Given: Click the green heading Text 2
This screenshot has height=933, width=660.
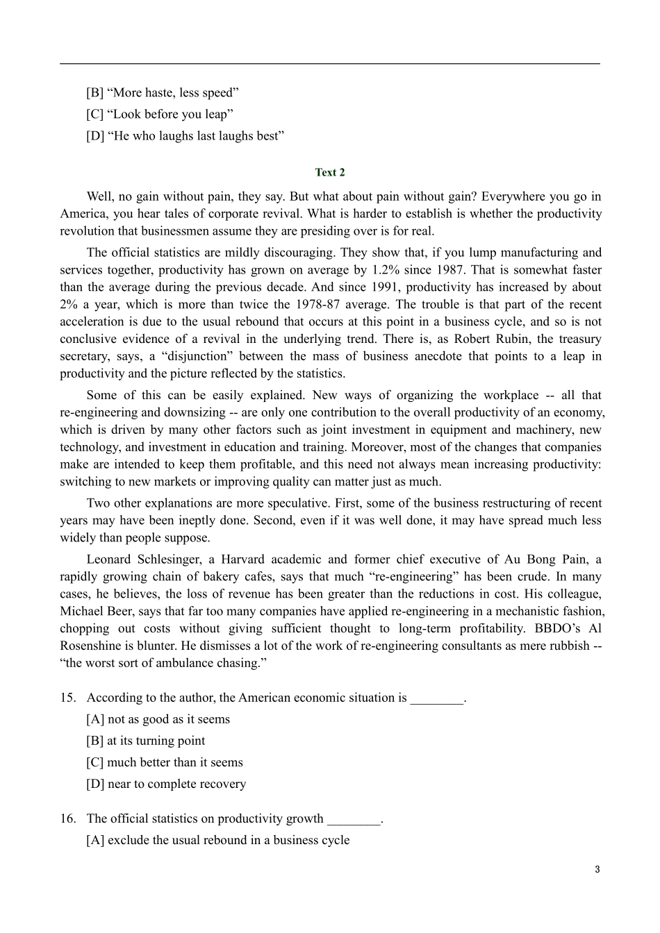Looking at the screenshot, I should pos(330,172).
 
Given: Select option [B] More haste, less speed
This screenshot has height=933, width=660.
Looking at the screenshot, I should pos(163,92).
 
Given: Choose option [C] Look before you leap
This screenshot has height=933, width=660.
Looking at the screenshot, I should pos(160,114).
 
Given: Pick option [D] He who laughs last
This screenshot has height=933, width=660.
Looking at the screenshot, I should pos(185,135).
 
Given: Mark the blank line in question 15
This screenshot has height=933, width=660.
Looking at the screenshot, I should pos(436,698).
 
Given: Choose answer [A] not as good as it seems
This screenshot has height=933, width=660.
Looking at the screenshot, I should pos(158,719).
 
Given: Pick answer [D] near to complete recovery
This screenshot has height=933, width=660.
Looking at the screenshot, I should pos(166,784).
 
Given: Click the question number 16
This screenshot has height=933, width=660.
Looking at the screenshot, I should pos(68,818).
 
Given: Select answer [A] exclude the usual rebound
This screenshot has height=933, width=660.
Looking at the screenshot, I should pos(218,840).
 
